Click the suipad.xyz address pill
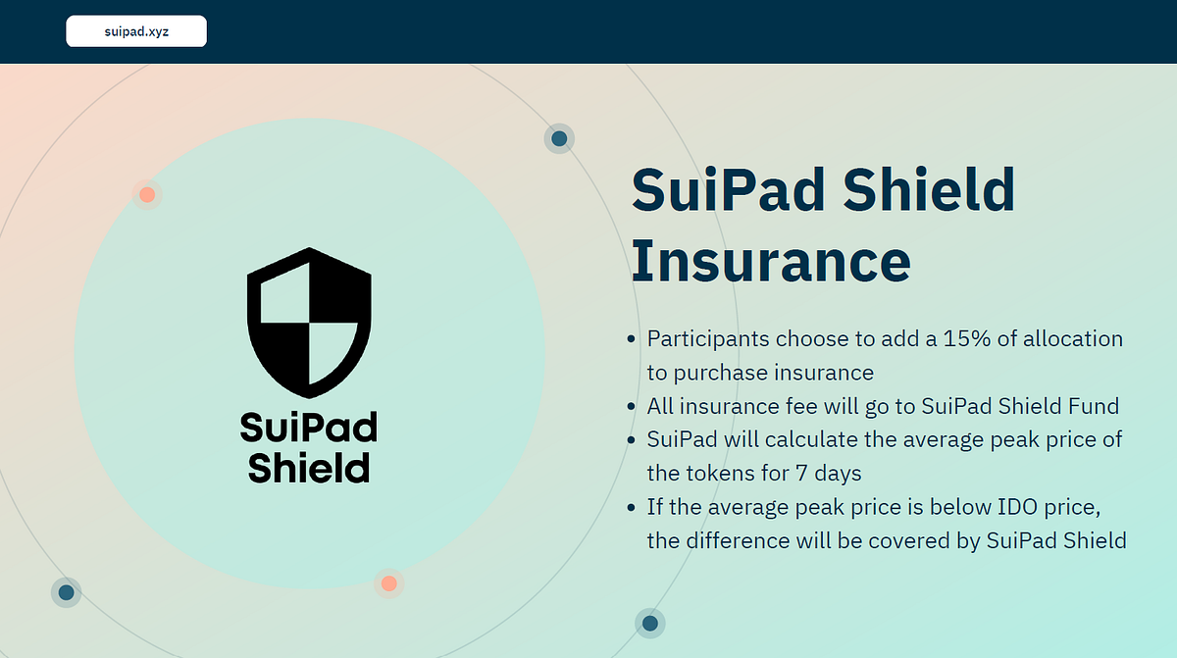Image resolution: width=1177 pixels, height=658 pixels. pos(136,31)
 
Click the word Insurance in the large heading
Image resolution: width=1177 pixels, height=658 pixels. pos(771,261)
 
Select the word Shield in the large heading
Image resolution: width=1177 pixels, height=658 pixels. pos(929,189)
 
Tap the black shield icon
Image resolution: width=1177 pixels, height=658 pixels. pos(310,323)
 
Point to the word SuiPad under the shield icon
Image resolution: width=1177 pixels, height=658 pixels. pos(308,427)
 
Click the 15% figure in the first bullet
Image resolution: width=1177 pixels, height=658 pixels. pos(967,338)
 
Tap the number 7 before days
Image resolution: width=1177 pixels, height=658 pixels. pos(801,473)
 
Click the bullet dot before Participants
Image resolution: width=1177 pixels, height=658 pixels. pos(631,339)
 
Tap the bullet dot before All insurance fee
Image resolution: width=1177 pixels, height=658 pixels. pos(631,406)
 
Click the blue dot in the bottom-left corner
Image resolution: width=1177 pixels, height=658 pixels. pos(67,593)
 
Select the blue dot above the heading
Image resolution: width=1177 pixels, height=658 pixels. pos(559,138)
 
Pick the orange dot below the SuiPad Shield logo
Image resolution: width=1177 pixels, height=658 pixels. pos(388,583)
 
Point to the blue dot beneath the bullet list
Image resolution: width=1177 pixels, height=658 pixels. pos(650,624)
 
